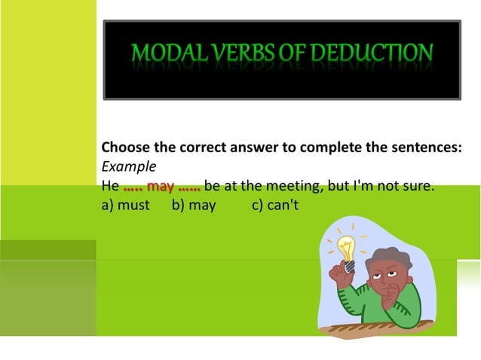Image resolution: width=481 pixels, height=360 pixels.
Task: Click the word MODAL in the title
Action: (161, 53)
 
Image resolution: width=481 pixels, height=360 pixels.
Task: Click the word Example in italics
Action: (128, 166)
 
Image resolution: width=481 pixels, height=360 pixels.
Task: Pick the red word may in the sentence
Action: (161, 185)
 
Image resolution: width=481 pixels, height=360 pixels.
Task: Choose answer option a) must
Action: (125, 205)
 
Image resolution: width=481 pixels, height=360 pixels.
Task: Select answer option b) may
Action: (194, 205)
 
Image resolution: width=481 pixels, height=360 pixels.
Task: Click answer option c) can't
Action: (276, 205)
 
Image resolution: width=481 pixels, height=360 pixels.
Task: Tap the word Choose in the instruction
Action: (124, 148)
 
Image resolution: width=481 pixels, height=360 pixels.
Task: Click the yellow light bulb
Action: (346, 249)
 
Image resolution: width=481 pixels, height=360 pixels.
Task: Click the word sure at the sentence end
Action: (420, 185)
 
